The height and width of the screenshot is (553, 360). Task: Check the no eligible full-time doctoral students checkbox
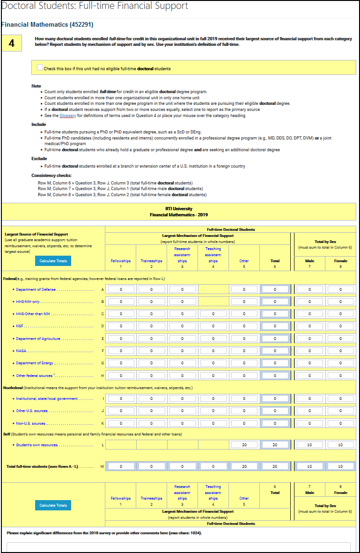[40, 68]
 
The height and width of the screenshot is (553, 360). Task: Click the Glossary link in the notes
[68, 116]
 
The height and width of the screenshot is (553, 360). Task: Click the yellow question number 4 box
[12, 44]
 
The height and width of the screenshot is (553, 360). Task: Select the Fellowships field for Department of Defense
[121, 289]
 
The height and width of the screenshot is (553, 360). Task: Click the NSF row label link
[19, 326]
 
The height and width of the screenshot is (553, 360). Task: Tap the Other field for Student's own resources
[244, 444]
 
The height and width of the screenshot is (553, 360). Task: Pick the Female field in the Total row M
[340, 466]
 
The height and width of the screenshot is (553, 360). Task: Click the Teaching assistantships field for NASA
[213, 350]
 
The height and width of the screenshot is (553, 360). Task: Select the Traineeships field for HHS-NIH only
[151, 302]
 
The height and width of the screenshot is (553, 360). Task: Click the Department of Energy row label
[35, 363]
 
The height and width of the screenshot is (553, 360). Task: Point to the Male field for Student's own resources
[309, 444]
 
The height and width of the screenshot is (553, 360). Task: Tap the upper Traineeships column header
[151, 261]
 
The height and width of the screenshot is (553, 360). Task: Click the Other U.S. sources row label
[32, 411]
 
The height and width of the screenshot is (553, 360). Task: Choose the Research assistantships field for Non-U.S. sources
[182, 423]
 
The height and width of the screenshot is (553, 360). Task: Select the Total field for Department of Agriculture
[275, 338]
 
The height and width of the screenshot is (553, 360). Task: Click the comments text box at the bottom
[178, 547]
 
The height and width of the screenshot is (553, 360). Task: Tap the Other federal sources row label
[35, 376]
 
